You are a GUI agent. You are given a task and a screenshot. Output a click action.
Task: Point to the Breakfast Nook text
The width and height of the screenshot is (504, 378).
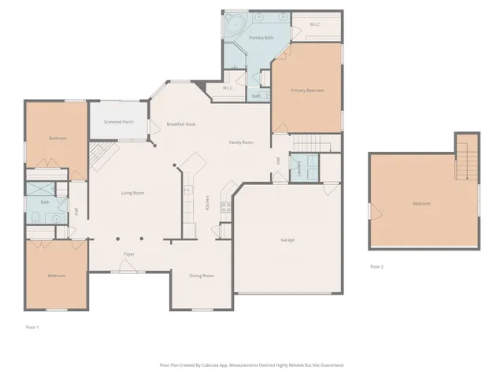pyautogui.click(x=181, y=124)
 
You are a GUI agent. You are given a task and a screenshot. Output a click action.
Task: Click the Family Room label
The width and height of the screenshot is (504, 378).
pyautogui.click(x=241, y=143)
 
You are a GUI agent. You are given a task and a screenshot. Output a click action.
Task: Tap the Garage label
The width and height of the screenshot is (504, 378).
pyautogui.click(x=287, y=239)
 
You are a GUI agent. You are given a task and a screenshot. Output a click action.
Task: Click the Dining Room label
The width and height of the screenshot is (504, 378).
pyautogui.click(x=202, y=276)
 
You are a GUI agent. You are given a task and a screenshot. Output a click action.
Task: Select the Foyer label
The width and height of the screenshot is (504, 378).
pyautogui.click(x=129, y=254)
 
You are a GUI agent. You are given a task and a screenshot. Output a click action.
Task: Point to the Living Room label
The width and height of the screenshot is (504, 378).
pyautogui.click(x=132, y=193)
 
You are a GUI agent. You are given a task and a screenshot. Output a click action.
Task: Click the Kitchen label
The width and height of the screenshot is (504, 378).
pyautogui.click(x=207, y=202)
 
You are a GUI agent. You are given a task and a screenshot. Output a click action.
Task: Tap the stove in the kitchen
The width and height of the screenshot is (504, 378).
pyautogui.click(x=226, y=208)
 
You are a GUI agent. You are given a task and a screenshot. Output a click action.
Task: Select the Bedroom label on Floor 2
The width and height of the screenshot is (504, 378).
pyautogui.click(x=421, y=204)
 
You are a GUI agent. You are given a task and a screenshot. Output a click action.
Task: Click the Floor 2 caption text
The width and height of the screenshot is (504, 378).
pyautogui.click(x=376, y=267)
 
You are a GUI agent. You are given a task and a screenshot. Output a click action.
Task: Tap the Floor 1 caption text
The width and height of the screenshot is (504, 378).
pyautogui.click(x=32, y=326)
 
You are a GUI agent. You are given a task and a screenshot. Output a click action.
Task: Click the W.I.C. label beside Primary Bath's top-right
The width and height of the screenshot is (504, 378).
pyautogui.click(x=315, y=24)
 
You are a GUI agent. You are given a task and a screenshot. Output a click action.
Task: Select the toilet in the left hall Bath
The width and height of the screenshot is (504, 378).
pyautogui.click(x=35, y=217)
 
